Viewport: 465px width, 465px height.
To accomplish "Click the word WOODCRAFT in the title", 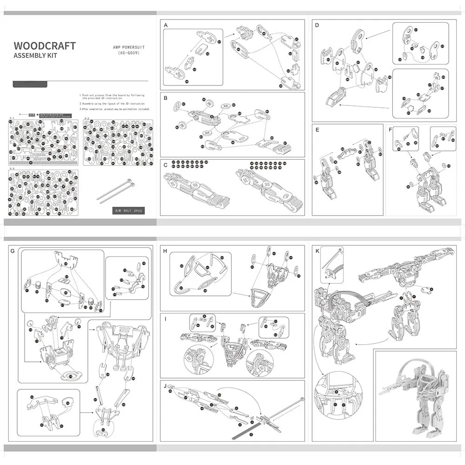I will [45, 46].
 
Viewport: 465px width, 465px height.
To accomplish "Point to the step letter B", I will [166, 98].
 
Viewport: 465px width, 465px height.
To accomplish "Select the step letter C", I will [166, 165].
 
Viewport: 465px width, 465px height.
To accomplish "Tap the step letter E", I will [317, 130].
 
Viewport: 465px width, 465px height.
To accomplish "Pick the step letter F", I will [391, 130].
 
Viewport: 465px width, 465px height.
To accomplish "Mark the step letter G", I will [13, 251].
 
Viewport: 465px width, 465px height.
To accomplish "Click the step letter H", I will [165, 251].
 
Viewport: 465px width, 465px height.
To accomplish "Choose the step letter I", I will [165, 319].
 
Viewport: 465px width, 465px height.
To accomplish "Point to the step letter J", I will [165, 386].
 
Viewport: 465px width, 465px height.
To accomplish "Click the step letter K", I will [317, 251].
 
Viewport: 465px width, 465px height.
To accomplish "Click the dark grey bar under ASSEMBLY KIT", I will [30, 84].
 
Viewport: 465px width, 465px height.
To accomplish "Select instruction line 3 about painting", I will [115, 109].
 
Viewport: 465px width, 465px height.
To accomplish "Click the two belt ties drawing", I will [116, 191].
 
